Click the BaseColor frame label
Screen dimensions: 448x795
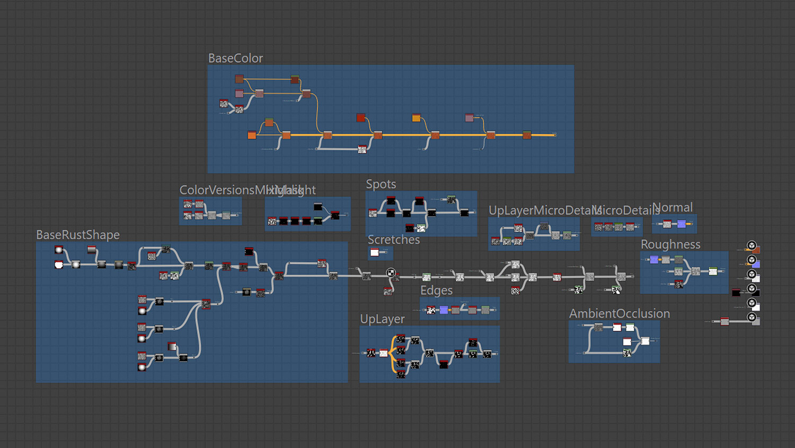(x=235, y=58)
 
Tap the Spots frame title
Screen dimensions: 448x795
(x=381, y=184)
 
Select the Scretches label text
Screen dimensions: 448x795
(x=393, y=240)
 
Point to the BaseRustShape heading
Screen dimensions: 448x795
(x=78, y=235)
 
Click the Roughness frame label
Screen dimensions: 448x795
(x=670, y=244)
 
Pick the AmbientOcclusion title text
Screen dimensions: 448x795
(x=619, y=314)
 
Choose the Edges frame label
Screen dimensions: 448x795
(x=436, y=290)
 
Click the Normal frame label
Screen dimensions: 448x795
(x=672, y=208)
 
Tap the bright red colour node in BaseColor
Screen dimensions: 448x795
(x=361, y=117)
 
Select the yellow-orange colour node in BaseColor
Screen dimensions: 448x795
(x=416, y=117)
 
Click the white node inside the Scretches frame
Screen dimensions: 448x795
(x=375, y=252)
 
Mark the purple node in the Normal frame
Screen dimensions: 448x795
(x=682, y=224)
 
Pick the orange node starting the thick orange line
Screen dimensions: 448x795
(x=252, y=135)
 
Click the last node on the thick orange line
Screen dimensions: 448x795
(x=527, y=135)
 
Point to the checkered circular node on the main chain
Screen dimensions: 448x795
(x=391, y=273)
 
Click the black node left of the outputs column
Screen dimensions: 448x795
(x=736, y=292)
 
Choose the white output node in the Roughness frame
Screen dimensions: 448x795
(x=713, y=271)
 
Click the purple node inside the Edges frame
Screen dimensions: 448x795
(x=444, y=309)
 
